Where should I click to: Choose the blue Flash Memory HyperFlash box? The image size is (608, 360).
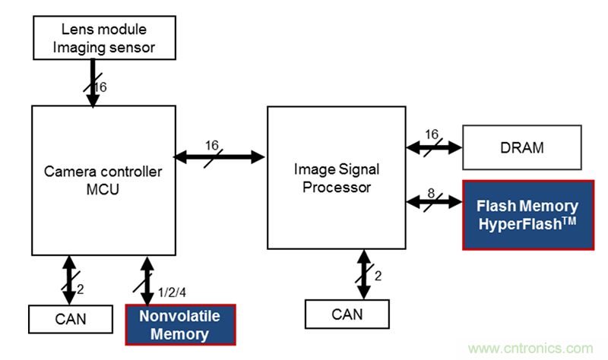tap(527, 214)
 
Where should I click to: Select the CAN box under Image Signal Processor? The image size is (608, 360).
tap(347, 313)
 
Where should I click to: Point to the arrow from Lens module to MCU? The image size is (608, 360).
tap(92, 84)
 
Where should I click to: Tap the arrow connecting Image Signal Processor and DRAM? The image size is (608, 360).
tap(434, 147)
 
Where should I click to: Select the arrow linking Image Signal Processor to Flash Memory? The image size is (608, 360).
tap(434, 202)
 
